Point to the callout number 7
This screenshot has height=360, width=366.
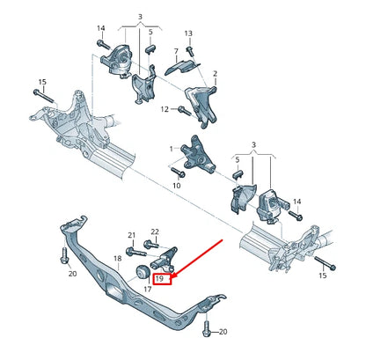176,51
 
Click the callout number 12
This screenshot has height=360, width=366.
164,109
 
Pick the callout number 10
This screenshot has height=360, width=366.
176,186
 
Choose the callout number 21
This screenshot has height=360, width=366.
131,235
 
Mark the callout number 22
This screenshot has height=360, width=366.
154,232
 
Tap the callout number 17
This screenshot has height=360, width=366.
146,288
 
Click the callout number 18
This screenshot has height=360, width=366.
117,259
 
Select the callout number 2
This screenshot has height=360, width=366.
215,76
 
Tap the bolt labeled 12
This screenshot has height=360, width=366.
184,110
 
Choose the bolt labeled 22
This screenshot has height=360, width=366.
155,247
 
